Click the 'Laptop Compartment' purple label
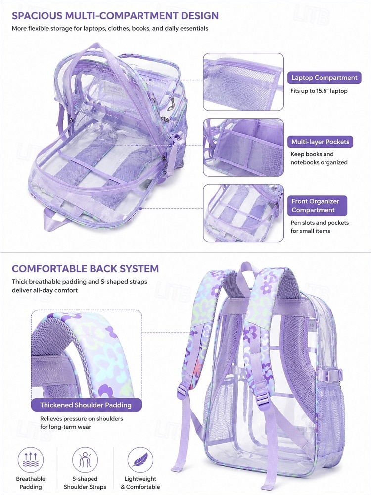point(325,78)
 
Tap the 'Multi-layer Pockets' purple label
point(320,142)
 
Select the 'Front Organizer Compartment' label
point(317,206)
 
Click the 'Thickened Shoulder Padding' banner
point(86,405)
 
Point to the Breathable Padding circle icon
point(31,460)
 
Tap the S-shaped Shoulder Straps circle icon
point(85,460)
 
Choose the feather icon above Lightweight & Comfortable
point(140,460)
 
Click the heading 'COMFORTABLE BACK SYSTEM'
point(85,269)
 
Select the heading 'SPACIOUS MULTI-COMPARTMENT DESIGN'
point(115,15)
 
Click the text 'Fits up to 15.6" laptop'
point(319,91)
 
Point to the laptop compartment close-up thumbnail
point(243,82)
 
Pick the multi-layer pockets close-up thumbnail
point(243,148)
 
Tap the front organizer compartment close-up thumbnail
point(243,213)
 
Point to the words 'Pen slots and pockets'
point(320,223)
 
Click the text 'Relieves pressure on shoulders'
point(82,419)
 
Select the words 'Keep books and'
point(312,154)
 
